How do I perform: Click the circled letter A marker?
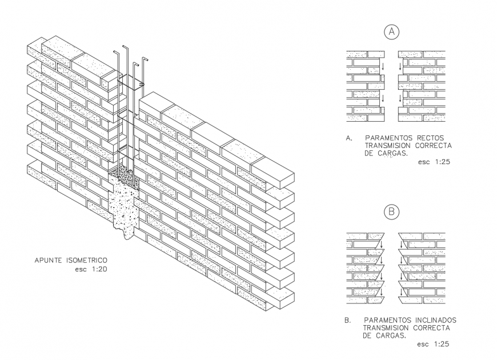[x=391, y=33]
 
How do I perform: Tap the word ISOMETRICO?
[x=86, y=260]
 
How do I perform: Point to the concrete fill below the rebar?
[x=123, y=206]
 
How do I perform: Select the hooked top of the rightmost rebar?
[x=145, y=59]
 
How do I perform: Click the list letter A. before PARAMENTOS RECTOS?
[x=348, y=138]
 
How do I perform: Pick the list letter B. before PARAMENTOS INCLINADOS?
[x=348, y=320]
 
